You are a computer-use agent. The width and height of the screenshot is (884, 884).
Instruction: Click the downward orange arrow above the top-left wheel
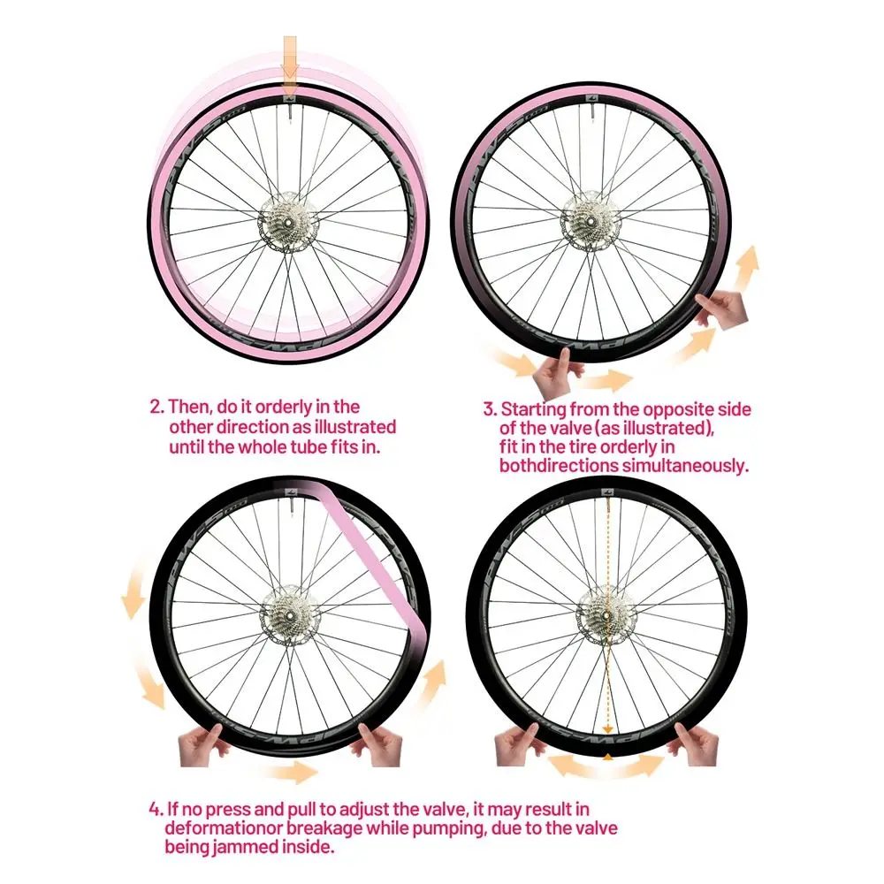[290, 65]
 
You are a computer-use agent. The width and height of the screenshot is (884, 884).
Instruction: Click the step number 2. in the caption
[156, 407]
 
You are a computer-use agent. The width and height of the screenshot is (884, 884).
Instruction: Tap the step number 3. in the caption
[490, 409]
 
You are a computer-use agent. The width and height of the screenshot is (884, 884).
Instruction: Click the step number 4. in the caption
[156, 810]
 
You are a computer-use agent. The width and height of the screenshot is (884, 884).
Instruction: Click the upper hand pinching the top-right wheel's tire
[721, 307]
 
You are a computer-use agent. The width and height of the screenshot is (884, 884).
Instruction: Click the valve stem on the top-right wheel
[593, 110]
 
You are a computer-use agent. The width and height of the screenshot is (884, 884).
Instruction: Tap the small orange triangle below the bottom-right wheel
[608, 758]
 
